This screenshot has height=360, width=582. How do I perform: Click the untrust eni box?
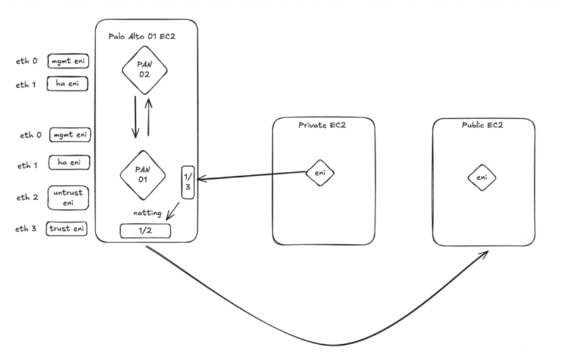point(68,197)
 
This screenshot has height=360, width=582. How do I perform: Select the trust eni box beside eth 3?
point(66,229)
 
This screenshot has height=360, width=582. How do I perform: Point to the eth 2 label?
point(27,197)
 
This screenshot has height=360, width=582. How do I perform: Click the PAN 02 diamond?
point(145,70)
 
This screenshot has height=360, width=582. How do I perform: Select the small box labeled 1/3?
point(188,183)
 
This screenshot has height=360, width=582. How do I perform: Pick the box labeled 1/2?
point(145,231)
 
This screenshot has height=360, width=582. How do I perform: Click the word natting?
point(147,213)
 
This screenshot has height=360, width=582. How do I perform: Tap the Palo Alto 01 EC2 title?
point(142,37)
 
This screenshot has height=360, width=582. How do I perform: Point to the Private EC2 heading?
point(322,125)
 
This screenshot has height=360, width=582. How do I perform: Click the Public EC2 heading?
point(483,126)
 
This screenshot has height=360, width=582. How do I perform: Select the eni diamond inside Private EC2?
point(320,172)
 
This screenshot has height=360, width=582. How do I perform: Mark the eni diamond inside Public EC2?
point(482,178)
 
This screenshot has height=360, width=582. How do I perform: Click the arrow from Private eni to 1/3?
point(253,176)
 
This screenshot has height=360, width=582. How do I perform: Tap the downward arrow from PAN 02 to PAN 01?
point(135,117)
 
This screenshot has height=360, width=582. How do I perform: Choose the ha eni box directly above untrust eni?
point(69,162)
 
